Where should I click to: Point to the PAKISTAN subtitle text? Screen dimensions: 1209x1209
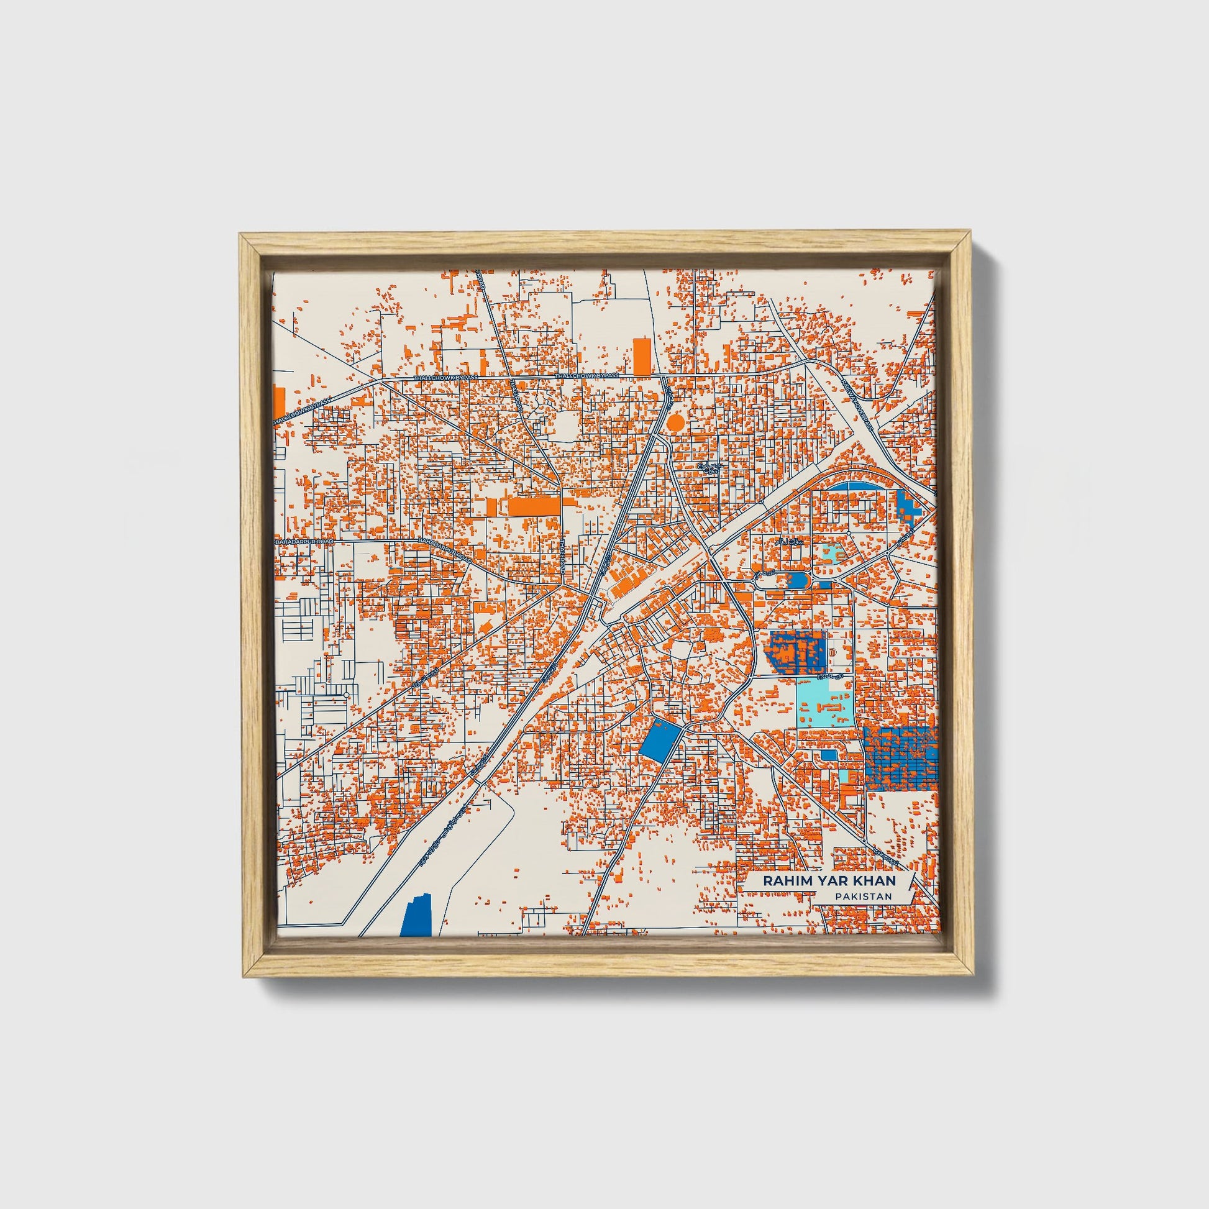coord(862,896)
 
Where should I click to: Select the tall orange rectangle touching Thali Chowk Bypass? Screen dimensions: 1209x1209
coord(641,357)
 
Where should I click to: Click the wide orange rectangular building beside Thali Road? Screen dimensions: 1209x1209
coord(533,506)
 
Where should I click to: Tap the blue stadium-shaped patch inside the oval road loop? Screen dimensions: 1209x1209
coord(796,580)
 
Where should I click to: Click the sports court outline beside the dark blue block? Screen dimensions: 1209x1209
coord(835,652)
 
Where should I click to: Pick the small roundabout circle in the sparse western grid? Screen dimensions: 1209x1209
coord(345,695)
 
